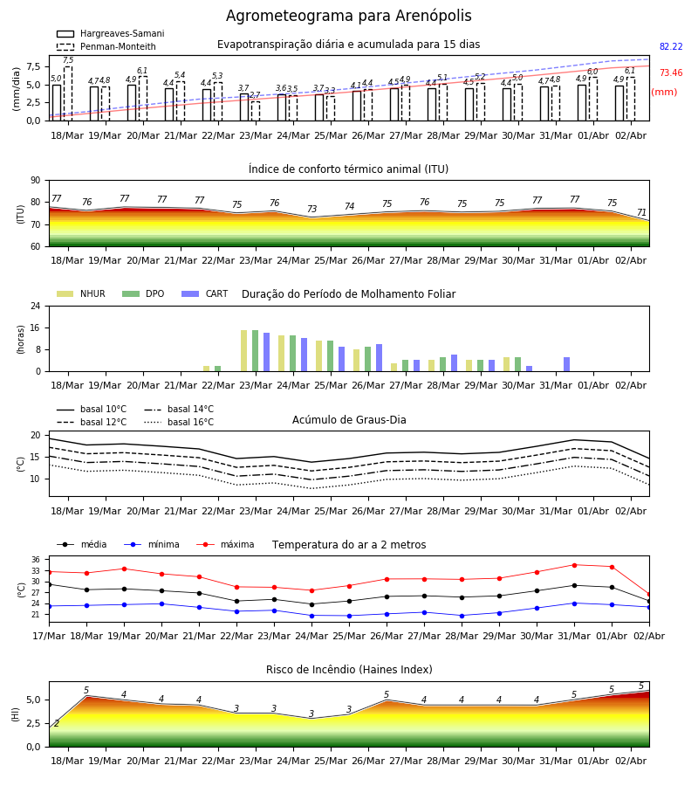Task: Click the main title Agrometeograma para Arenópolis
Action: click(348, 16)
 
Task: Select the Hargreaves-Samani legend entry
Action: click(111, 33)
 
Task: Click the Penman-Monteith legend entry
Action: click(106, 46)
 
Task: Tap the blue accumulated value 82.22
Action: click(671, 46)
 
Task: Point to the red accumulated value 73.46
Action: click(671, 72)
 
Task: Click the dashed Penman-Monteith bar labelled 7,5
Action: click(68, 93)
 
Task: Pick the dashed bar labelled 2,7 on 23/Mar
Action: click(256, 111)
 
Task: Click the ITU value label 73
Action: click(312, 209)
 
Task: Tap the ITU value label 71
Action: click(641, 212)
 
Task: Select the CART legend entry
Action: click(205, 293)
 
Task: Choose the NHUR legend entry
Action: click(81, 293)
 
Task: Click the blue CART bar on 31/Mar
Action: click(567, 364)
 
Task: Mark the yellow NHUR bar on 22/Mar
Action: click(206, 369)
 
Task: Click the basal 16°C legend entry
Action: click(179, 422)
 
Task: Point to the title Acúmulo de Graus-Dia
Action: click(349, 419)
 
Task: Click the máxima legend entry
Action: click(226, 544)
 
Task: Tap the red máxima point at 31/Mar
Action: click(574, 565)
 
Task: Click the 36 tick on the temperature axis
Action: click(36, 560)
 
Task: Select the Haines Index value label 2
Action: click(57, 723)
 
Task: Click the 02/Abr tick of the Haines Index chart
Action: click(631, 761)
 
